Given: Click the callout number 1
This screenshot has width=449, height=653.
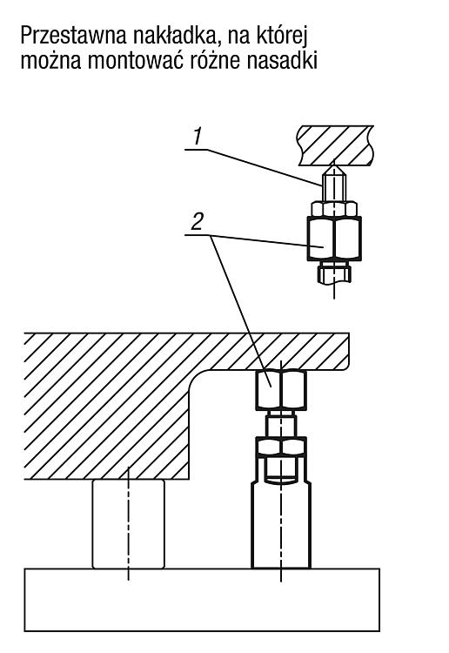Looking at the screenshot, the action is point(197,136).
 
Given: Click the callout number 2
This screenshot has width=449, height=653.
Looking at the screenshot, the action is point(197,221).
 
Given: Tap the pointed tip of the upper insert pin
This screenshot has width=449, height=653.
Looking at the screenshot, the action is point(334,165).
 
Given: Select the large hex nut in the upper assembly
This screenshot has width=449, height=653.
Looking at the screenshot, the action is point(334,239).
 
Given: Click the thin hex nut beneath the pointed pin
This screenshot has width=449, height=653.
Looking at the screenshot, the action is point(334,209).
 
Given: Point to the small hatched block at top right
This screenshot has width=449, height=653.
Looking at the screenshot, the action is point(335,145).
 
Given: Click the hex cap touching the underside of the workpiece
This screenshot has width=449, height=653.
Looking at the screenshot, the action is point(281,390).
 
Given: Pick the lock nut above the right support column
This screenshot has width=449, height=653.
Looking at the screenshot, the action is point(281,447).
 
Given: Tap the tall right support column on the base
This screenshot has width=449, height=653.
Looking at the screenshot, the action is point(281,524).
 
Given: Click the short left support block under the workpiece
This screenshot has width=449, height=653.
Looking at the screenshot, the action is point(128,524).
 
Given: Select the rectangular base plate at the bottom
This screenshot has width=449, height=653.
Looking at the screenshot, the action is point(202,600).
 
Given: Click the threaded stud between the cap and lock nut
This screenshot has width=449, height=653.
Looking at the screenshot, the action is point(281,423).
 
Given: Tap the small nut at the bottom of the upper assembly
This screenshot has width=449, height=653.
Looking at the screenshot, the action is point(334,273).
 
